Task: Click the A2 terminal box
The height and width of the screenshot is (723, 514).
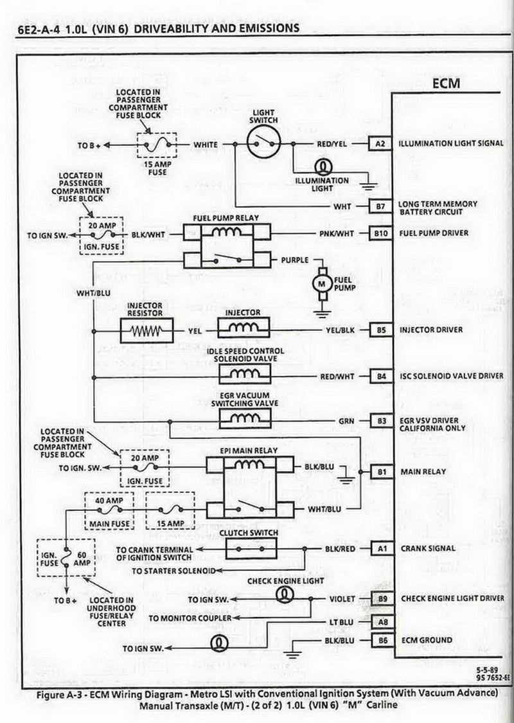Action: pos(380,144)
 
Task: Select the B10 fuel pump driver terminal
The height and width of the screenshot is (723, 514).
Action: pos(381,233)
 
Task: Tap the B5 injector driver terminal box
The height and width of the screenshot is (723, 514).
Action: pos(382,330)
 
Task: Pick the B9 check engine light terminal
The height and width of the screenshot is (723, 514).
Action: pos(383,599)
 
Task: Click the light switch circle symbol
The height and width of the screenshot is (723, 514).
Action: pos(263,143)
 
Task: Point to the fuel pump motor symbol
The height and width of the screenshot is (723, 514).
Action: pos(322,283)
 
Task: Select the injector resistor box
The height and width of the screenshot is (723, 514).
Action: pos(146,330)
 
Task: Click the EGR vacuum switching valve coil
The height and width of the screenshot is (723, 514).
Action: pos(244,418)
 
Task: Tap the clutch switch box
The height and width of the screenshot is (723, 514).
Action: pos(251,549)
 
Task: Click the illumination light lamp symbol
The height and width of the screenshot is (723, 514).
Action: pos(323,166)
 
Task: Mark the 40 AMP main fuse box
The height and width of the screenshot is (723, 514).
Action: pos(109,510)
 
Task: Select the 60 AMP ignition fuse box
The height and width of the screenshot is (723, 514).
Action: pos(66,558)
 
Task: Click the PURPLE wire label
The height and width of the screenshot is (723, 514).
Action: pos(295,260)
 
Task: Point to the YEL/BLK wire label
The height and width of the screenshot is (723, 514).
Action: pos(341,330)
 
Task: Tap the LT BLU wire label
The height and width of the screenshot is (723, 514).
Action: pos(341,623)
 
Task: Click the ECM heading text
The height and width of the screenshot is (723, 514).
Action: pos(447,84)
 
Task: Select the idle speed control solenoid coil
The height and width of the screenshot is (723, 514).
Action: pos(244,373)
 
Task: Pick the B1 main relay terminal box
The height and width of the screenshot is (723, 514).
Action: pos(382,472)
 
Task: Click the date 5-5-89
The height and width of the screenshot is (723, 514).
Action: pos(488,670)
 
